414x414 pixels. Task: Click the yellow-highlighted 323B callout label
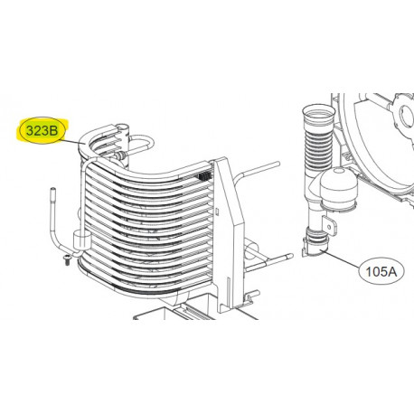click(x=43, y=132)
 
